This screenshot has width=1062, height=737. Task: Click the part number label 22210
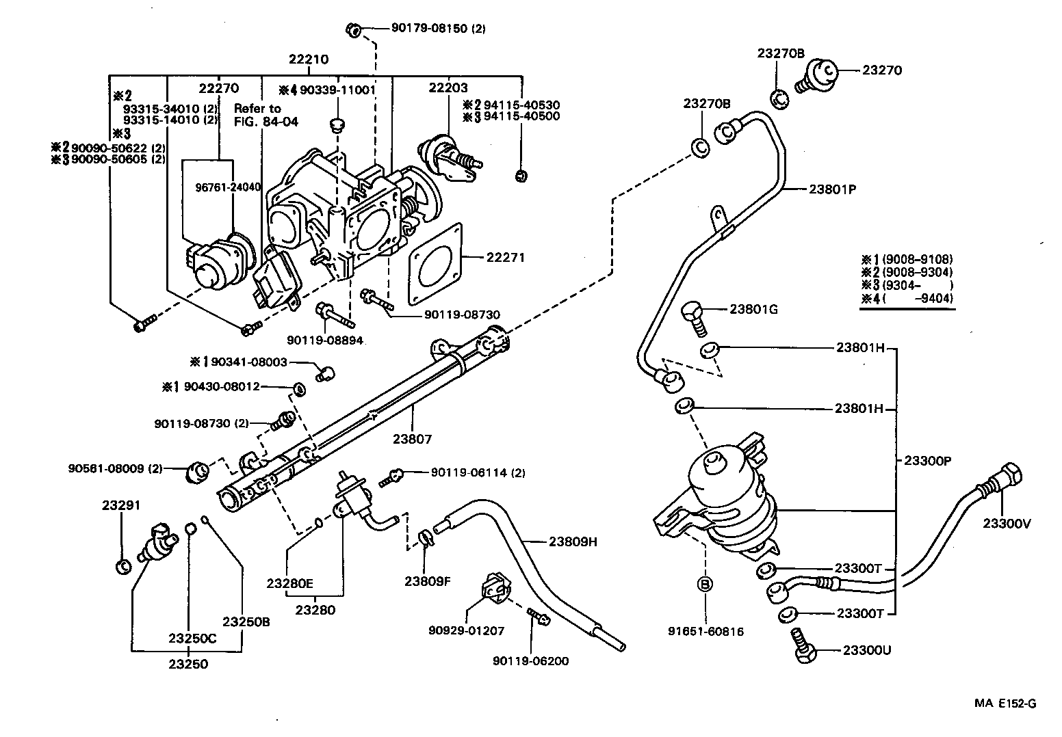pyautogui.click(x=308, y=59)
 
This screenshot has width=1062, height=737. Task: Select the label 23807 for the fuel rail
pyautogui.click(x=413, y=440)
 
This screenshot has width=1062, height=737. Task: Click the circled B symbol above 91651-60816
pyautogui.click(x=705, y=584)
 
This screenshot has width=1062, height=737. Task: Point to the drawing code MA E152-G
pyautogui.click(x=1005, y=703)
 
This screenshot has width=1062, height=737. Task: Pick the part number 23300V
pyautogui.click(x=1007, y=524)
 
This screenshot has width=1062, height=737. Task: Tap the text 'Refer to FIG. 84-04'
pyautogui.click(x=257, y=114)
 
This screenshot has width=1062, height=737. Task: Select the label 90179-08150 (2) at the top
pyautogui.click(x=438, y=29)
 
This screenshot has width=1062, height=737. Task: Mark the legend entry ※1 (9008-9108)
pyautogui.click(x=907, y=259)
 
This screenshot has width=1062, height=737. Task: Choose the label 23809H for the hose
pyautogui.click(x=573, y=541)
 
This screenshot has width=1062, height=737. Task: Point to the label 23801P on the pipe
pyautogui.click(x=832, y=190)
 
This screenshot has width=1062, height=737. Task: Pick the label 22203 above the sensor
pyautogui.click(x=448, y=88)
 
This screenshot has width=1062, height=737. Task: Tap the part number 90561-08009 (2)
pyautogui.click(x=116, y=468)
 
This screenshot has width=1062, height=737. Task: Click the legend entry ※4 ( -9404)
pyautogui.click(x=907, y=298)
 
